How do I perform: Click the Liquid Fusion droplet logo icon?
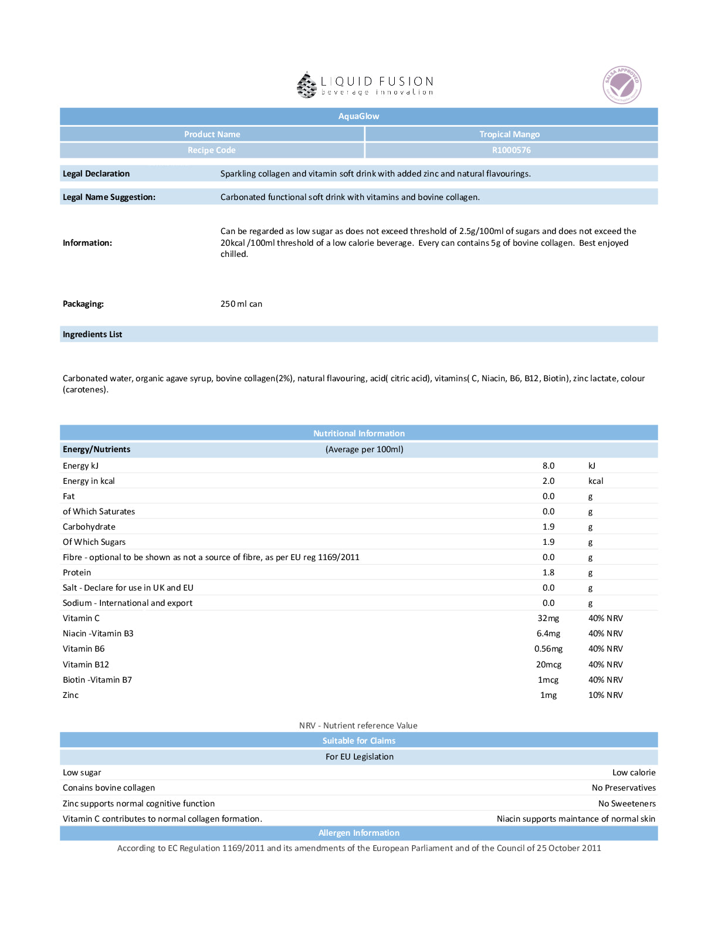[306, 85]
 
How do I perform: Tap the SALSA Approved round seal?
[622, 85]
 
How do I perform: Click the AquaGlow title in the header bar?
[358, 116]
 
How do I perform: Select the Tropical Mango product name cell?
[509, 134]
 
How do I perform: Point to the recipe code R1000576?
[511, 150]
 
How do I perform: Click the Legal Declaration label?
[96, 174]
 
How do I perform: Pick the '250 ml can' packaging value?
[241, 304]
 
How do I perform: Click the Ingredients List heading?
[93, 334]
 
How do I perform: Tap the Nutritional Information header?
[358, 433]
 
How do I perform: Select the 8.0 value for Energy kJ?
[548, 466]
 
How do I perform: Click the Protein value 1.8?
[548, 572]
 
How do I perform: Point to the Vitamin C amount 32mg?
[548, 618]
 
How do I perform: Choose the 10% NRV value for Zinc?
[605, 695]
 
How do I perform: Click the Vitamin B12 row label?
[86, 664]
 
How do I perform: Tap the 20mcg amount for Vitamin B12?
[548, 664]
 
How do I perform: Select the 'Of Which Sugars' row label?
[94, 542]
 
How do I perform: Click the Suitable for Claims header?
[358, 741]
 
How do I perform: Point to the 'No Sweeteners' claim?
[626, 803]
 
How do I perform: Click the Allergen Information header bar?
[358, 833]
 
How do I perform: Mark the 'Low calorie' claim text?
[634, 772]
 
